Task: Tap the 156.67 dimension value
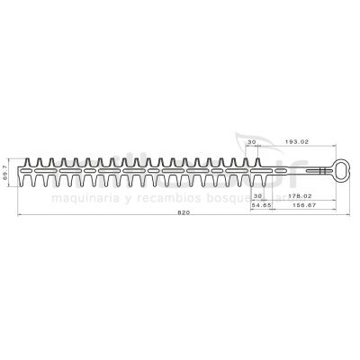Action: [300, 204]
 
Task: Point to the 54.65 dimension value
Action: [262, 204]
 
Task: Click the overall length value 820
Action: [184, 213]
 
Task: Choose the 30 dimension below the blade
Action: [259, 195]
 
